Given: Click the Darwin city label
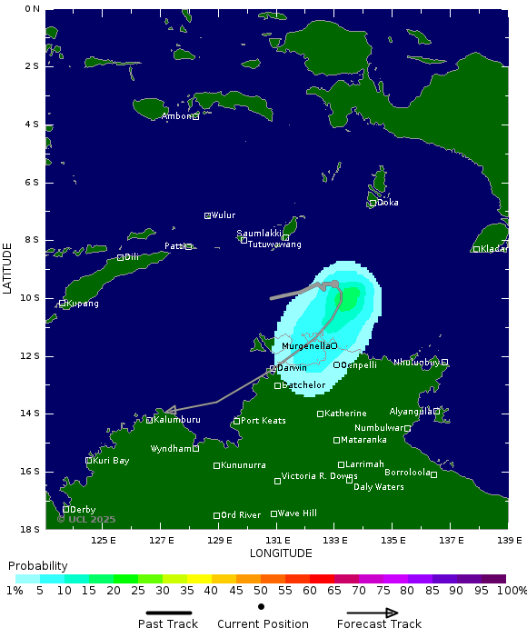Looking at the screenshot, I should click(x=292, y=368).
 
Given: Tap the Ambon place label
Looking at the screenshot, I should click(x=176, y=116).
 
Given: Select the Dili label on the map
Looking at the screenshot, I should click(x=131, y=257).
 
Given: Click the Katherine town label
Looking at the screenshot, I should click(x=345, y=414).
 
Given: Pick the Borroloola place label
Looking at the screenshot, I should click(x=406, y=473).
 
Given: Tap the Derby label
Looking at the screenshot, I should click(x=82, y=510).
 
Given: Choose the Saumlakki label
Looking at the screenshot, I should click(x=259, y=234).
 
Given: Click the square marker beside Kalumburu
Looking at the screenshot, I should click(x=149, y=420).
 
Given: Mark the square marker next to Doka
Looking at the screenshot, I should click(x=373, y=203).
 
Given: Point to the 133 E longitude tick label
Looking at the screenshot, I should click(x=335, y=540).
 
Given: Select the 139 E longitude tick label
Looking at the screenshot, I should click(x=508, y=540).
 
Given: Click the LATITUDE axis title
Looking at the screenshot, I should click(x=7, y=267).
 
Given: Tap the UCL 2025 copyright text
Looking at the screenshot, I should click(x=86, y=520).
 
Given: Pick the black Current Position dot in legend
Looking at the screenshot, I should click(x=262, y=606).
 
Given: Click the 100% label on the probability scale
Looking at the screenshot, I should click(x=510, y=591).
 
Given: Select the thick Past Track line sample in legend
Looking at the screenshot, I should click(x=167, y=613).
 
